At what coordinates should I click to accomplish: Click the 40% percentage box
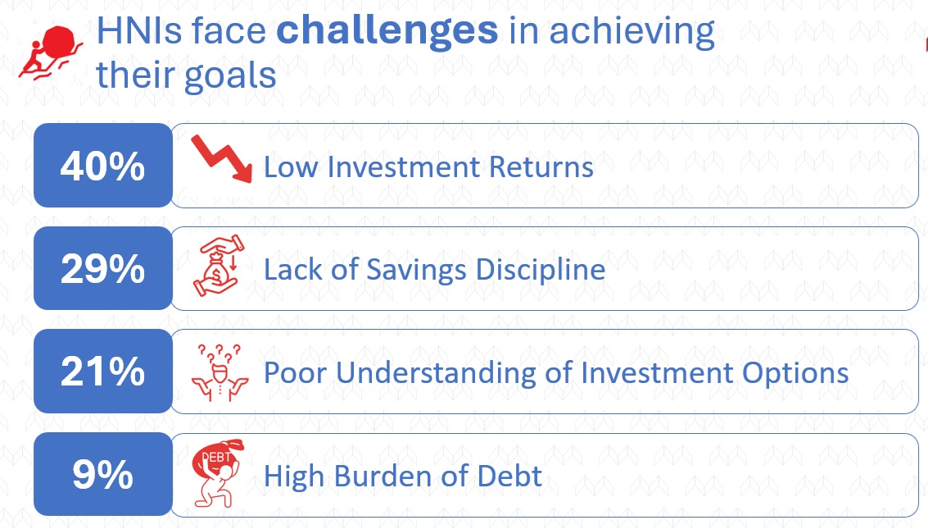click(x=103, y=166)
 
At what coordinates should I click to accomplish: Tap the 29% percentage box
click(x=103, y=268)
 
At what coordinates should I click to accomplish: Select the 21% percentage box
click(x=103, y=371)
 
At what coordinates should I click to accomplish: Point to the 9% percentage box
click(x=103, y=474)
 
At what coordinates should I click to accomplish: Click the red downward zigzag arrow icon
click(x=222, y=158)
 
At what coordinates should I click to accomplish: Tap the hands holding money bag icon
click(x=219, y=266)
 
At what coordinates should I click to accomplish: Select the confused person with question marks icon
click(x=220, y=372)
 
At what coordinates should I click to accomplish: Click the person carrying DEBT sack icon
click(x=218, y=472)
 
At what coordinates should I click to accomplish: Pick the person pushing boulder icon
click(x=48, y=52)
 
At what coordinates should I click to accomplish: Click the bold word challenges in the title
click(x=387, y=31)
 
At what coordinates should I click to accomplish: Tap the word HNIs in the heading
click(x=140, y=31)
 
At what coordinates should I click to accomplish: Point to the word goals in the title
click(x=230, y=76)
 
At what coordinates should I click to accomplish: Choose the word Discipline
click(x=541, y=270)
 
